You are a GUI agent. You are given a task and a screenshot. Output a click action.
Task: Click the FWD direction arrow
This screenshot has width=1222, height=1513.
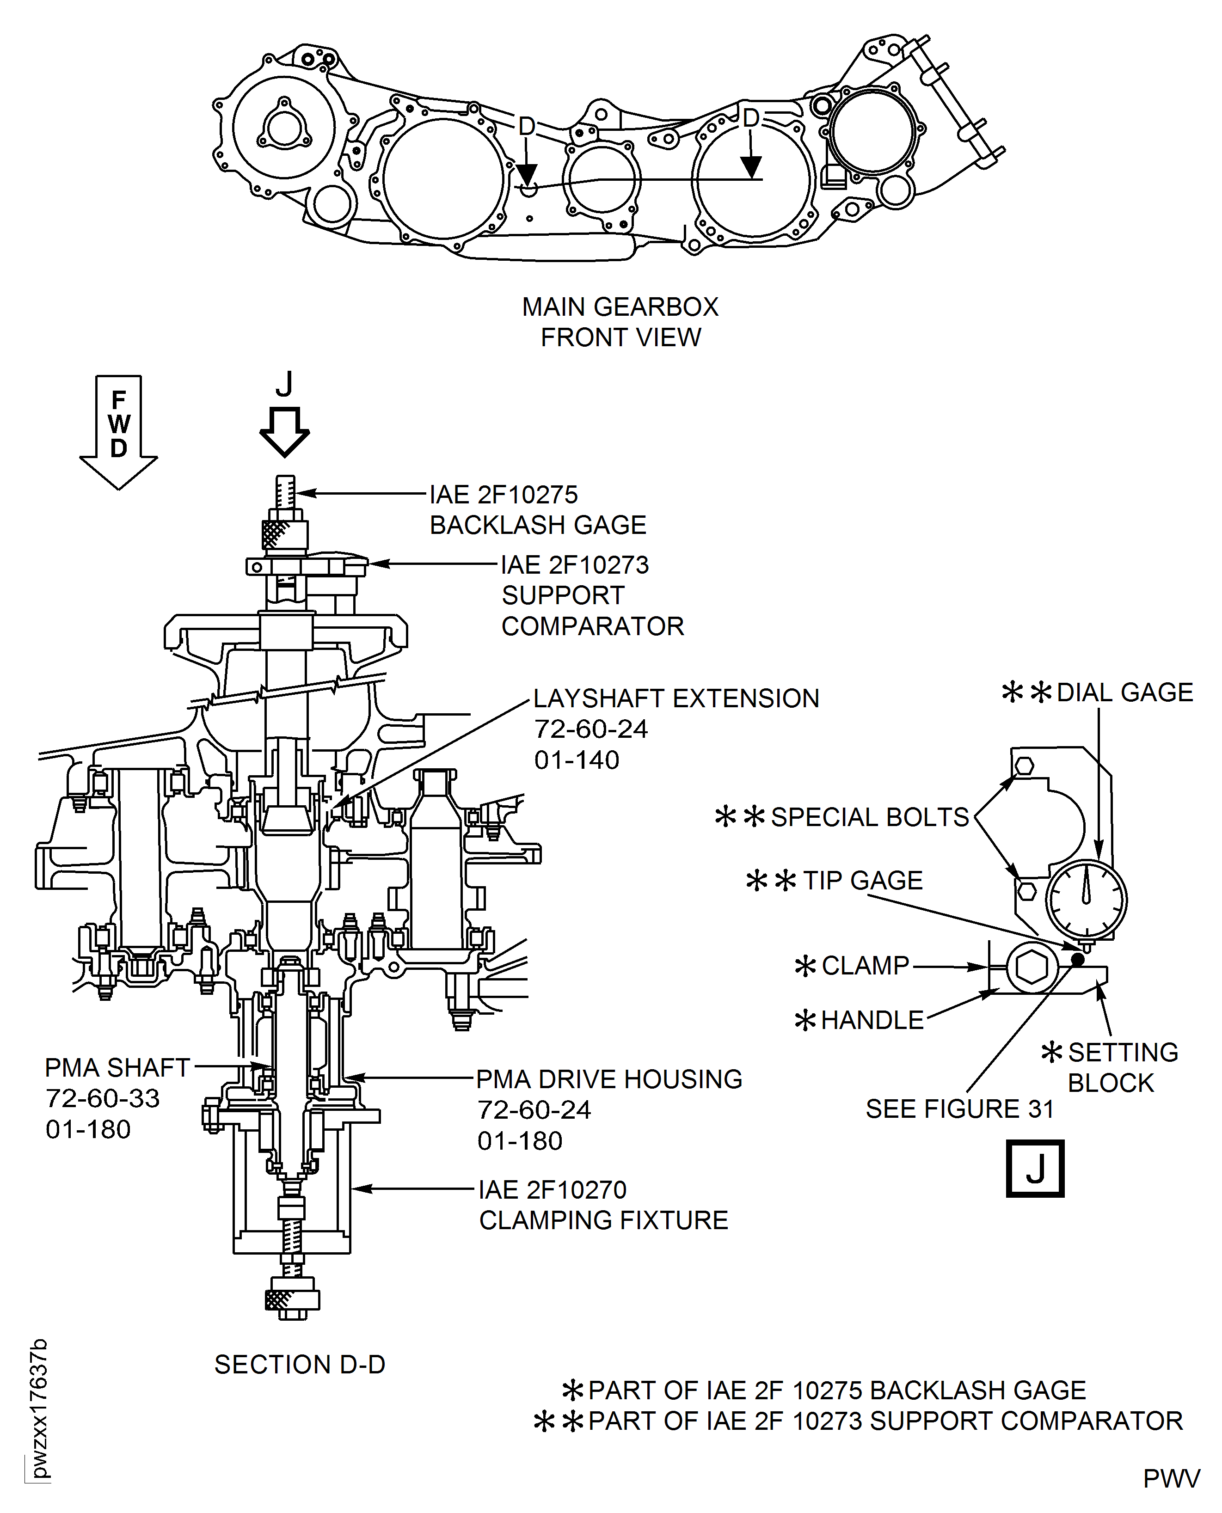pyautogui.click(x=118, y=432)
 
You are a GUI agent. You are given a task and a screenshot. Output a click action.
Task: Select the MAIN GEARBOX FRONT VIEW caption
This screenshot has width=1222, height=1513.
pyautogui.click(x=620, y=322)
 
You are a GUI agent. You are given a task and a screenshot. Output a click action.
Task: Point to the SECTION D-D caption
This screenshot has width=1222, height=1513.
pyautogui.click(x=300, y=1365)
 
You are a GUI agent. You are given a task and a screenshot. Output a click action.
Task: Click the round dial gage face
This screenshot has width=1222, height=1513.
pyautogui.click(x=1086, y=900)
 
